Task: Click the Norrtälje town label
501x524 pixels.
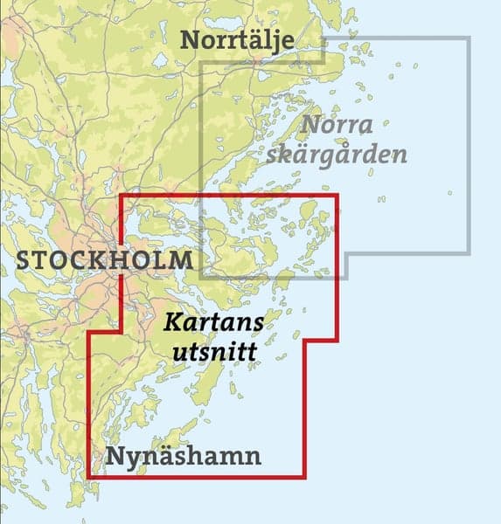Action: point(236,41)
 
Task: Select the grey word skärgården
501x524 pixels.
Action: point(350,155)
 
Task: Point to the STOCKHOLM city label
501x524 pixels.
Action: point(104,260)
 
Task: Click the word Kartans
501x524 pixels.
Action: point(214,323)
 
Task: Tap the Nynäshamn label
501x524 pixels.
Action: point(184,458)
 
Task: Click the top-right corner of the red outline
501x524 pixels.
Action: point(337,195)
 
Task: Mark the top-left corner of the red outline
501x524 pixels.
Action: point(120,195)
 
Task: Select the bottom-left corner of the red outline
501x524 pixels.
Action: point(90,477)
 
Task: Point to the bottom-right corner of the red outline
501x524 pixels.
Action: point(304,477)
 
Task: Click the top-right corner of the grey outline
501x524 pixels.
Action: point(470,38)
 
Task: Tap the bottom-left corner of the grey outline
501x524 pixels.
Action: point(201,278)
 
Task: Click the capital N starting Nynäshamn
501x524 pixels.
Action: point(115,457)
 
